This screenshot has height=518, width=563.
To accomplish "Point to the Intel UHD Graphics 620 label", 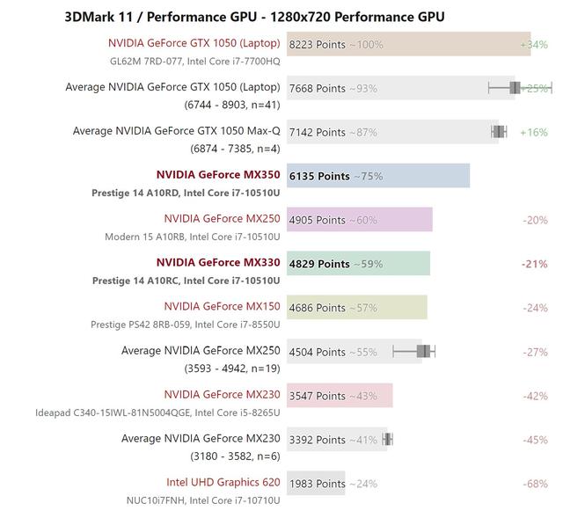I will pos(223,482).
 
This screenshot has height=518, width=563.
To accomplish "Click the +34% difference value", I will pos(534,44).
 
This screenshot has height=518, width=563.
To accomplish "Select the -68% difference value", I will pos(534,483).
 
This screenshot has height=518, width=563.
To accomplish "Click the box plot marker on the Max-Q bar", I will pos(499,132).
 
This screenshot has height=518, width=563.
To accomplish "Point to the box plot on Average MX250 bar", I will pos(423,351).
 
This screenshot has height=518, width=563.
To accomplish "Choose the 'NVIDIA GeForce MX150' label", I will pos(222,306).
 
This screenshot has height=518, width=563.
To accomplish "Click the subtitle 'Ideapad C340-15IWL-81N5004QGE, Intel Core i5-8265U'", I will pos(157,412).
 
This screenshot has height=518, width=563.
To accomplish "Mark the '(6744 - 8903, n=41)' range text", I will pos(232,105).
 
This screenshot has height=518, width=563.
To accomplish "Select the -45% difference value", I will pos(534,439).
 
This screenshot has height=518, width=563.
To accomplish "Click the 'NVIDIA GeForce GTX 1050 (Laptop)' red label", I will pos(194,43).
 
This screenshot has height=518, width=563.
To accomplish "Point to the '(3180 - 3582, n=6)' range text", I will pos(232,456).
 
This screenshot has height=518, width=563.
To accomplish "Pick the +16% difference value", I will pos(534,132).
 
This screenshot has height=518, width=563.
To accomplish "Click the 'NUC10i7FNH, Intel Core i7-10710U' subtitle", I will pos(203,500).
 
